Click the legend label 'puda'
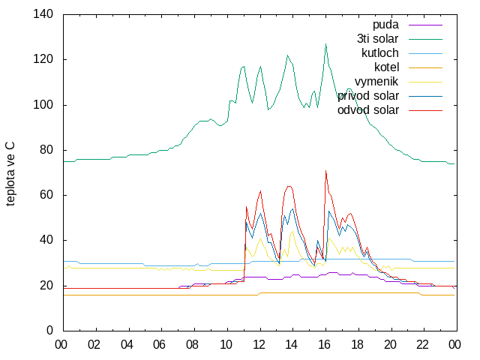(x=385, y=25)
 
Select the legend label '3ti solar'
(x=378, y=39)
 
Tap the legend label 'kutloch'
(x=380, y=53)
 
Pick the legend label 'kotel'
(x=387, y=67)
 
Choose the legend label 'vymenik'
(x=376, y=82)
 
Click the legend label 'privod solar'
(x=368, y=96)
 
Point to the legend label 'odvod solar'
(x=368, y=110)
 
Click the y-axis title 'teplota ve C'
(x=10, y=174)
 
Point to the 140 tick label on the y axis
(x=43, y=14)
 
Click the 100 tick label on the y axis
(x=43, y=105)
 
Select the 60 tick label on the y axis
(x=46, y=195)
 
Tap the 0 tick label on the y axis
(x=50, y=330)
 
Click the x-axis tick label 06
(x=160, y=345)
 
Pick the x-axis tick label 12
(x=259, y=345)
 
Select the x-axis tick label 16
(x=325, y=345)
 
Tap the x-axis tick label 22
(x=423, y=345)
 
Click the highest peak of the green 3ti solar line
(x=325, y=43)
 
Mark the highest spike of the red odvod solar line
(x=325, y=171)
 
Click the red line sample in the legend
(x=425, y=110)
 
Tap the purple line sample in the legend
(x=425, y=25)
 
